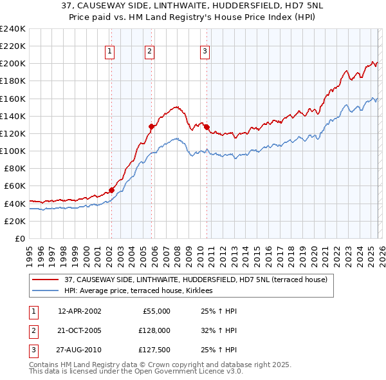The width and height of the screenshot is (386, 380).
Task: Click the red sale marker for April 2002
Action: coord(111,190)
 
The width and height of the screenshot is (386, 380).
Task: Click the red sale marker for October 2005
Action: coord(152,126)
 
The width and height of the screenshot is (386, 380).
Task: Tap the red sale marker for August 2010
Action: coord(207,127)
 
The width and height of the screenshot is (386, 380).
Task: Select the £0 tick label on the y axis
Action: coord(19,238)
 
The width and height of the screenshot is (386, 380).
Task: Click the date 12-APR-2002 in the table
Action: coord(79,311)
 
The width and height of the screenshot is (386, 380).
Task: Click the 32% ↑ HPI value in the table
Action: coord(219,330)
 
